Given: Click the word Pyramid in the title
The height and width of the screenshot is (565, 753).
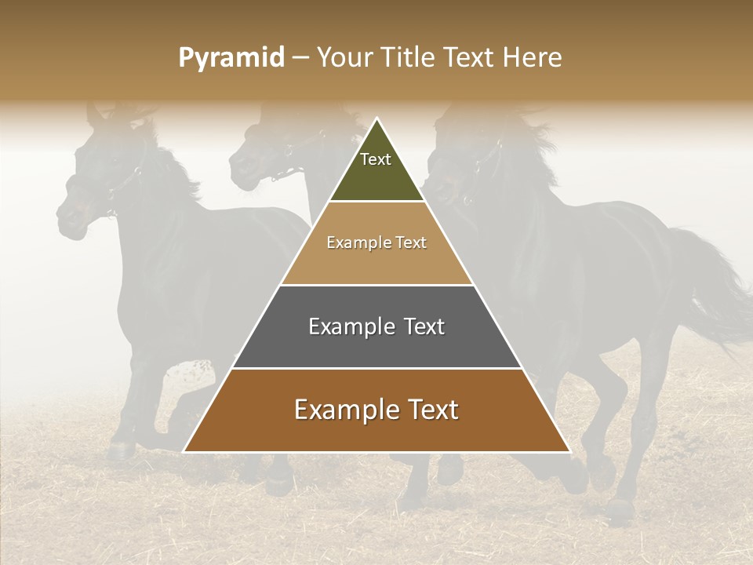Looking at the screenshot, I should click(x=231, y=58).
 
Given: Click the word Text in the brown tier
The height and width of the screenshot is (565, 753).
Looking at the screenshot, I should click(x=431, y=410).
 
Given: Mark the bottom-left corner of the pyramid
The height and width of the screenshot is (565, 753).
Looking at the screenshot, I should click(x=184, y=451).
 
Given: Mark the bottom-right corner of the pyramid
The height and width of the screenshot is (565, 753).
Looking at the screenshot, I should click(x=569, y=451).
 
